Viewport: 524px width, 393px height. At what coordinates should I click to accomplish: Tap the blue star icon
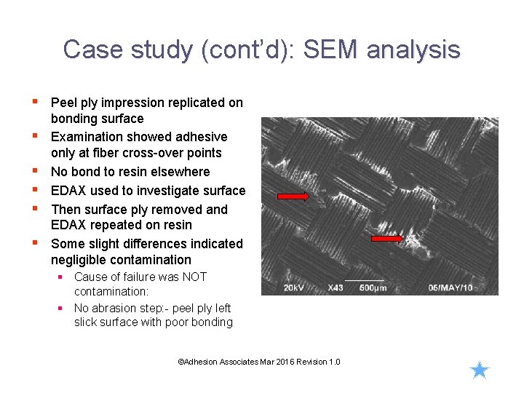point(480,370)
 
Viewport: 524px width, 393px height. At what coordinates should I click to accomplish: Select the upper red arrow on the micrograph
point(293,196)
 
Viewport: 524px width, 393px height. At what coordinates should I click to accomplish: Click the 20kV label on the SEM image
point(294,287)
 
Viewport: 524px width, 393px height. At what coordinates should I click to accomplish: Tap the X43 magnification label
point(336,287)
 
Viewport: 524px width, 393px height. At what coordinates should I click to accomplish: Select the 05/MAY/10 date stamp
point(450,287)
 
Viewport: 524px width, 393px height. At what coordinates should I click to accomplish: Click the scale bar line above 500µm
point(364,280)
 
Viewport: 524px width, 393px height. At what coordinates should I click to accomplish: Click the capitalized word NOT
point(194,277)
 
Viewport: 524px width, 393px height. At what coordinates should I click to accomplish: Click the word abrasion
point(116,308)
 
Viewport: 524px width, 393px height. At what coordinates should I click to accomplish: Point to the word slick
point(87,322)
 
